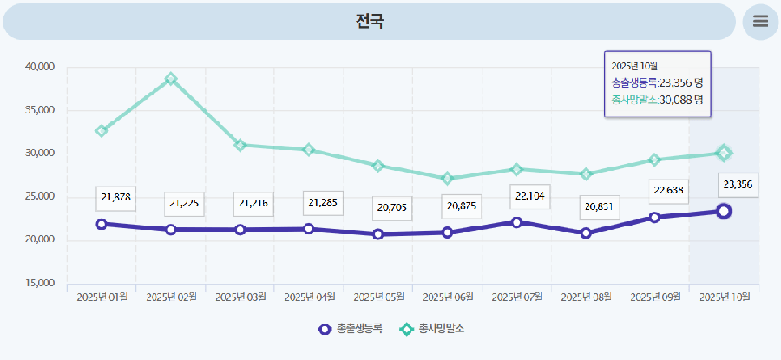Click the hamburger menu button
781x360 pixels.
[760, 22]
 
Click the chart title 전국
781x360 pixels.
[370, 22]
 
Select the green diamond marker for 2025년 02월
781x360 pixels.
[171, 79]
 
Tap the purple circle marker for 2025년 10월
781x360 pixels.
[724, 211]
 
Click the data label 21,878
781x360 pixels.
[115, 198]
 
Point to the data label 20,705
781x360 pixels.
[392, 208]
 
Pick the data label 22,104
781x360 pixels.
[530, 196]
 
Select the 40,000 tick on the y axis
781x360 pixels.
[41, 67]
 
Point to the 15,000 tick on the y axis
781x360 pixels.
[41, 284]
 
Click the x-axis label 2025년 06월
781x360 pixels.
[448, 297]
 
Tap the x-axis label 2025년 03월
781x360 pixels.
[240, 297]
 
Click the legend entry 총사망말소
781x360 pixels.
[432, 329]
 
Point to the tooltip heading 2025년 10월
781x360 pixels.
[634, 66]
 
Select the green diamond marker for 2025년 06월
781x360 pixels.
[448, 179]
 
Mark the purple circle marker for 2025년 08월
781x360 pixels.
[586, 232]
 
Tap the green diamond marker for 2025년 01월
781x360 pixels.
[102, 131]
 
